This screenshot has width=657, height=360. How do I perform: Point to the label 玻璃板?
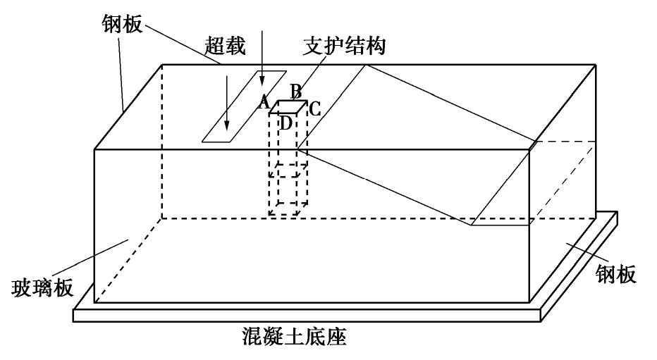pos(42,288)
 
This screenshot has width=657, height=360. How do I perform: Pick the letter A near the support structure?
pos(264,103)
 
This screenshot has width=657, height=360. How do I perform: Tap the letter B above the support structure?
pos(296,92)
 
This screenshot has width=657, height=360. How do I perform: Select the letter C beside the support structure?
pos(315,108)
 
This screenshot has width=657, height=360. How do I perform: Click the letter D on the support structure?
pos(286,123)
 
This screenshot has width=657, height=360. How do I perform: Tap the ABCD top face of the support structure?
pos(288,107)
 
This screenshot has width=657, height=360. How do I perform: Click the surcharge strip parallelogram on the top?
pos(244,106)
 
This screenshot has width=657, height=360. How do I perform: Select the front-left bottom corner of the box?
pos(94,303)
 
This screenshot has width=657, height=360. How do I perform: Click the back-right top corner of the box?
pos(597,65)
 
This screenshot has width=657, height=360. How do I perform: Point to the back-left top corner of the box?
pos(162,65)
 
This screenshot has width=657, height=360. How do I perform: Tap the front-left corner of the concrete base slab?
pos(74,321)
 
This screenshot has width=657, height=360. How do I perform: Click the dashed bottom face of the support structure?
pos(288,211)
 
